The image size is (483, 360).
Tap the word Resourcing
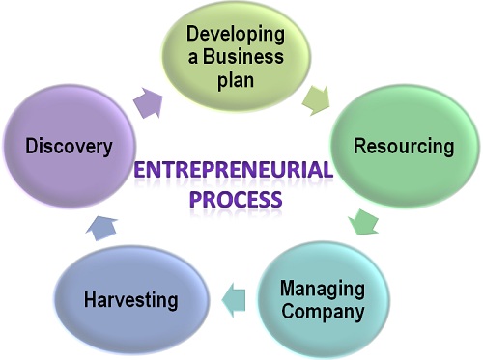point(404,147)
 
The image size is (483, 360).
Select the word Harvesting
point(130,299)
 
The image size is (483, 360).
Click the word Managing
point(323,288)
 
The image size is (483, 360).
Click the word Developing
point(236,35)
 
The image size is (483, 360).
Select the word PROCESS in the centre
point(236,200)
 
